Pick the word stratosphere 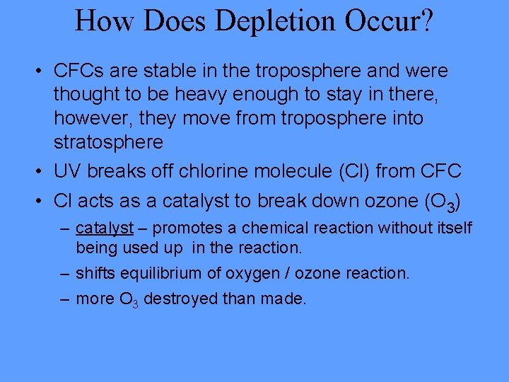tap(109, 141)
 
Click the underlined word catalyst tap(105, 228)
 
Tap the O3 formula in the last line tap(125, 299)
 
